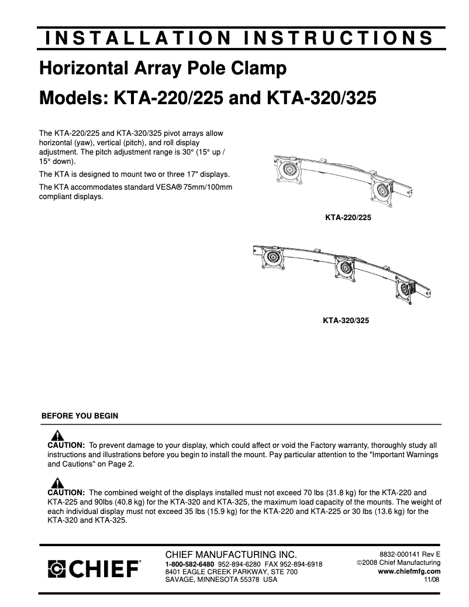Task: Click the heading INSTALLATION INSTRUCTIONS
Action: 239,38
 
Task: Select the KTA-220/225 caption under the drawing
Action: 348,217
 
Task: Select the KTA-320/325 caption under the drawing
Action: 346,320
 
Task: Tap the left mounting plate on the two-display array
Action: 288,171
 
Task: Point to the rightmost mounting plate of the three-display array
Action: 407,287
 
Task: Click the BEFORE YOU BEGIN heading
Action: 80,416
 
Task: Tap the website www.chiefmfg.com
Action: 409,571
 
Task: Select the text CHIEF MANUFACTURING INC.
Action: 232,554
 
